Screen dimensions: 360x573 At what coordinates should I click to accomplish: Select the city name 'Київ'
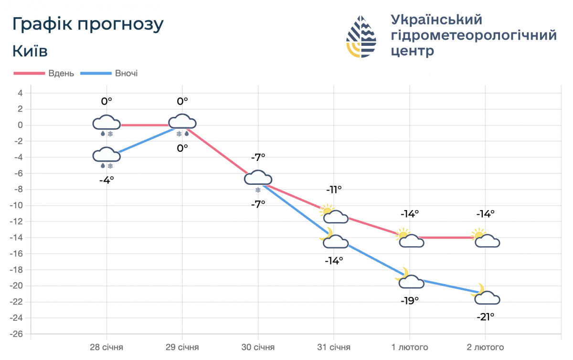click(30, 51)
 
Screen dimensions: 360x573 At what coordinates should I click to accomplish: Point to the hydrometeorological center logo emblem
click(361, 37)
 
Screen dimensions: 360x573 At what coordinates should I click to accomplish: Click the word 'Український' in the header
click(436, 20)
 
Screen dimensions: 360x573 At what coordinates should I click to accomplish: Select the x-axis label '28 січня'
click(106, 347)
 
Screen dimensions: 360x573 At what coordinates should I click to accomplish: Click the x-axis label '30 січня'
click(258, 347)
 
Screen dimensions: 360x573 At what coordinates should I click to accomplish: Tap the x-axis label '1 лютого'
click(409, 347)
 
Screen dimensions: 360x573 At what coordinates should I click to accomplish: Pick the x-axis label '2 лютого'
click(485, 347)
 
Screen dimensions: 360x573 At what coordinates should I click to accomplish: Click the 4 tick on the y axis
click(21, 93)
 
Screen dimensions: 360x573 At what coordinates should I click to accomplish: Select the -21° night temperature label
click(485, 316)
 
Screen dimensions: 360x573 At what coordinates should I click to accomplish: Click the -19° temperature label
click(410, 300)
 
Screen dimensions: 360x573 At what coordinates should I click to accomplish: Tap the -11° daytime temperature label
click(334, 190)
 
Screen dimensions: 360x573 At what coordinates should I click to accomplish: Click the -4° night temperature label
click(106, 180)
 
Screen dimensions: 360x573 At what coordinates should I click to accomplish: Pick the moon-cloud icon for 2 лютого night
click(486, 296)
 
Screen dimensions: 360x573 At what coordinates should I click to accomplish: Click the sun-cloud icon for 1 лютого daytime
click(410, 238)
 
